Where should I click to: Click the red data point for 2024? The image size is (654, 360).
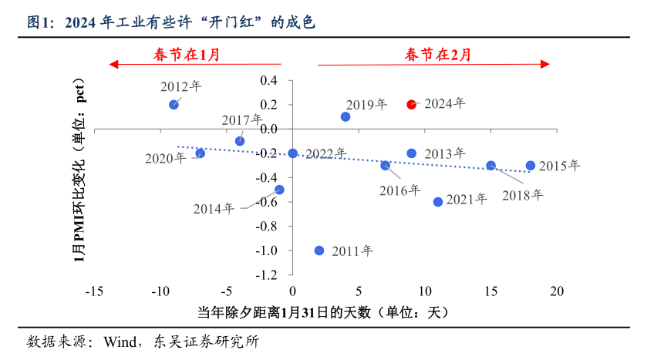(412, 104)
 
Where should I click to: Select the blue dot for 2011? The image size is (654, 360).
(319, 251)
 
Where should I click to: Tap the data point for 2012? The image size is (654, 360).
(174, 104)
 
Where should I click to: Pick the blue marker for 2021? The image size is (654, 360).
(438, 202)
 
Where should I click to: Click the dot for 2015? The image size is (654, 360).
(531, 166)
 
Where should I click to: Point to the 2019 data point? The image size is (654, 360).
(346, 116)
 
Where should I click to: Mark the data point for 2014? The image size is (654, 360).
(279, 190)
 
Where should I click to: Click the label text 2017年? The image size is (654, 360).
(242, 120)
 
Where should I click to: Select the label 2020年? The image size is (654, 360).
(165, 159)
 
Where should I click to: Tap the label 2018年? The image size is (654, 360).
(523, 195)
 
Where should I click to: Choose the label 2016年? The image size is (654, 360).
(399, 190)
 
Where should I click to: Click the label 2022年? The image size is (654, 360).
(326, 154)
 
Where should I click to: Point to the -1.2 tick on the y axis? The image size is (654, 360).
(267, 275)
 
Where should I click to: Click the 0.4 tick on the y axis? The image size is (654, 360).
(269, 80)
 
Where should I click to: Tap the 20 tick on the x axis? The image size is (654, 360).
(557, 292)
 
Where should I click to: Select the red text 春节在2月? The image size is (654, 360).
(437, 54)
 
